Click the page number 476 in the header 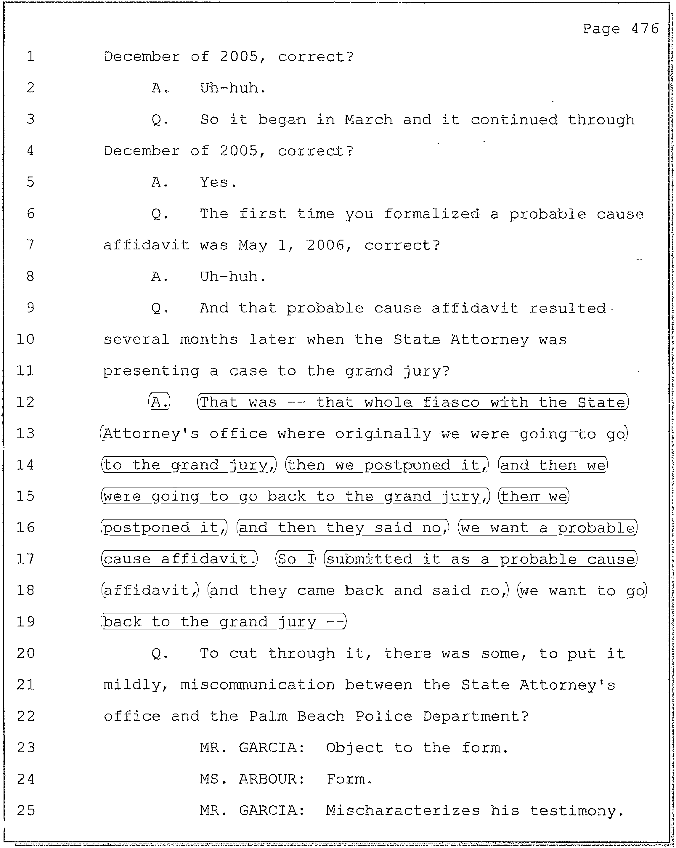tap(645, 29)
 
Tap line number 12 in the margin tap(25, 402)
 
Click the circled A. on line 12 tap(159, 402)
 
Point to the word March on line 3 tap(368, 120)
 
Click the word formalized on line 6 tap(432, 214)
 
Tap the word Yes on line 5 tap(214, 182)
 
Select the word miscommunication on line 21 tap(257, 685)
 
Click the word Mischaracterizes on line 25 tap(403, 811)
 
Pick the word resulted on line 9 tap(567, 308)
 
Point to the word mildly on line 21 tap(134, 685)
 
